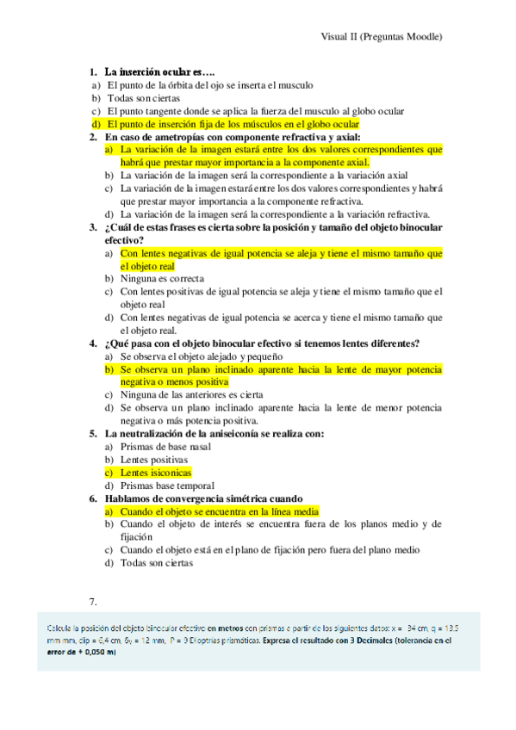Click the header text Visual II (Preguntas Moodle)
(382, 37)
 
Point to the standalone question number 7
(94, 602)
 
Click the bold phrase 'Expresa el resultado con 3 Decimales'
(345, 641)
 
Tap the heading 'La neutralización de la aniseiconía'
(214, 434)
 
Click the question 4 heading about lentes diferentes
(262, 343)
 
